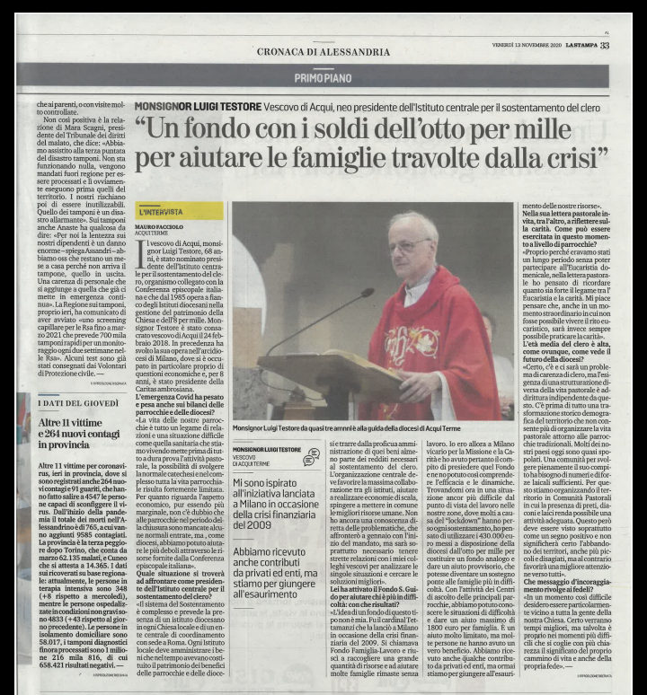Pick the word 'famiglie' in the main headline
point(350,167)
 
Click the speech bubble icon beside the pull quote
point(313,457)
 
